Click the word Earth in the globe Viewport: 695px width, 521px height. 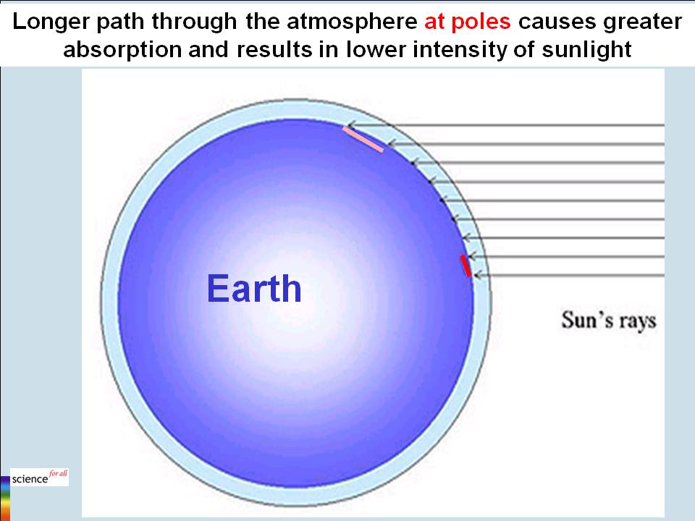click(x=254, y=289)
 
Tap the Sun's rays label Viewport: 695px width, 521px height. click(x=608, y=319)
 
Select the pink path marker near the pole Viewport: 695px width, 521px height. click(x=363, y=140)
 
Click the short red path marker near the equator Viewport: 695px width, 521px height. click(x=466, y=266)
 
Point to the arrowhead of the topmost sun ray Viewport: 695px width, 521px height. click(x=349, y=125)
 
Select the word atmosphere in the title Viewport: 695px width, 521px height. click(x=347, y=22)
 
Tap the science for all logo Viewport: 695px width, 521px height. click(x=40, y=478)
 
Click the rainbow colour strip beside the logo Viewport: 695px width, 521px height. click(x=5, y=496)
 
